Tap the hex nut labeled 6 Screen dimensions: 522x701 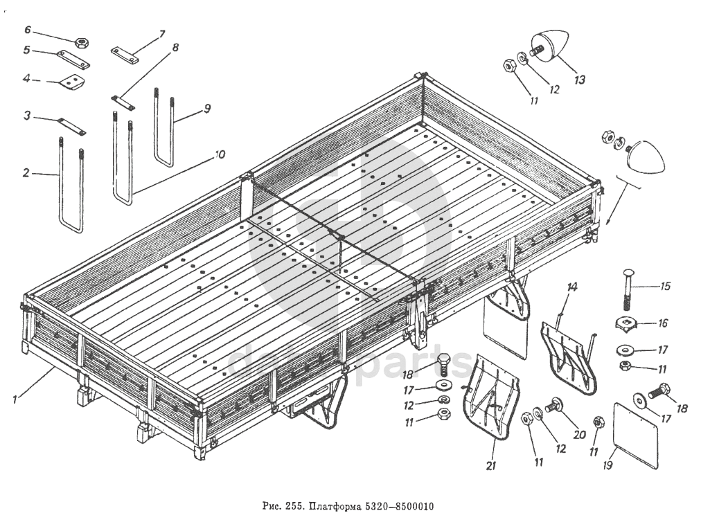(x=80, y=42)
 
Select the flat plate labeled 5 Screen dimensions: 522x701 (x=73, y=59)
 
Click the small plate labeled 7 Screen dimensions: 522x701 (x=125, y=55)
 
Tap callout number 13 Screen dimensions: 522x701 (x=579, y=80)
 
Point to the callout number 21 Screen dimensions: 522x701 (x=490, y=466)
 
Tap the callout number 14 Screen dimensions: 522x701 (x=571, y=287)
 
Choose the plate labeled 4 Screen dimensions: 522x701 (x=71, y=81)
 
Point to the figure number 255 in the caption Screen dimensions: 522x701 (x=295, y=505)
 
